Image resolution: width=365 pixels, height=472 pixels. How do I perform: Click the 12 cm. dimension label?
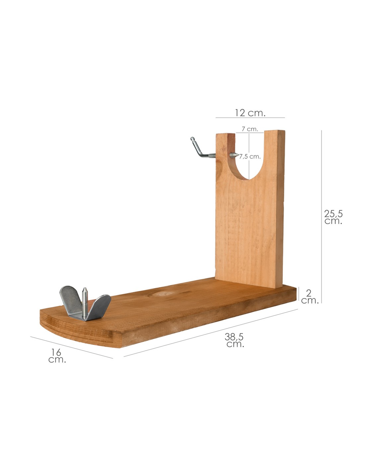click(x=250, y=113)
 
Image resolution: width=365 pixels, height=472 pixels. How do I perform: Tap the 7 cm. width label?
click(x=250, y=129)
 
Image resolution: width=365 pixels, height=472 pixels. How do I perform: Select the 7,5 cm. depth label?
click(x=250, y=156)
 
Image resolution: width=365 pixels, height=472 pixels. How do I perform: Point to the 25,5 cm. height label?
click(x=333, y=217)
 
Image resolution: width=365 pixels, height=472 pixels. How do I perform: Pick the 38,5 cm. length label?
click(x=235, y=340)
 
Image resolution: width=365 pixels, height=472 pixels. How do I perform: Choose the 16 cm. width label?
click(x=57, y=355)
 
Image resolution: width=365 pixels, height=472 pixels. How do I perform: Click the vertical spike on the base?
click(x=85, y=303)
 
